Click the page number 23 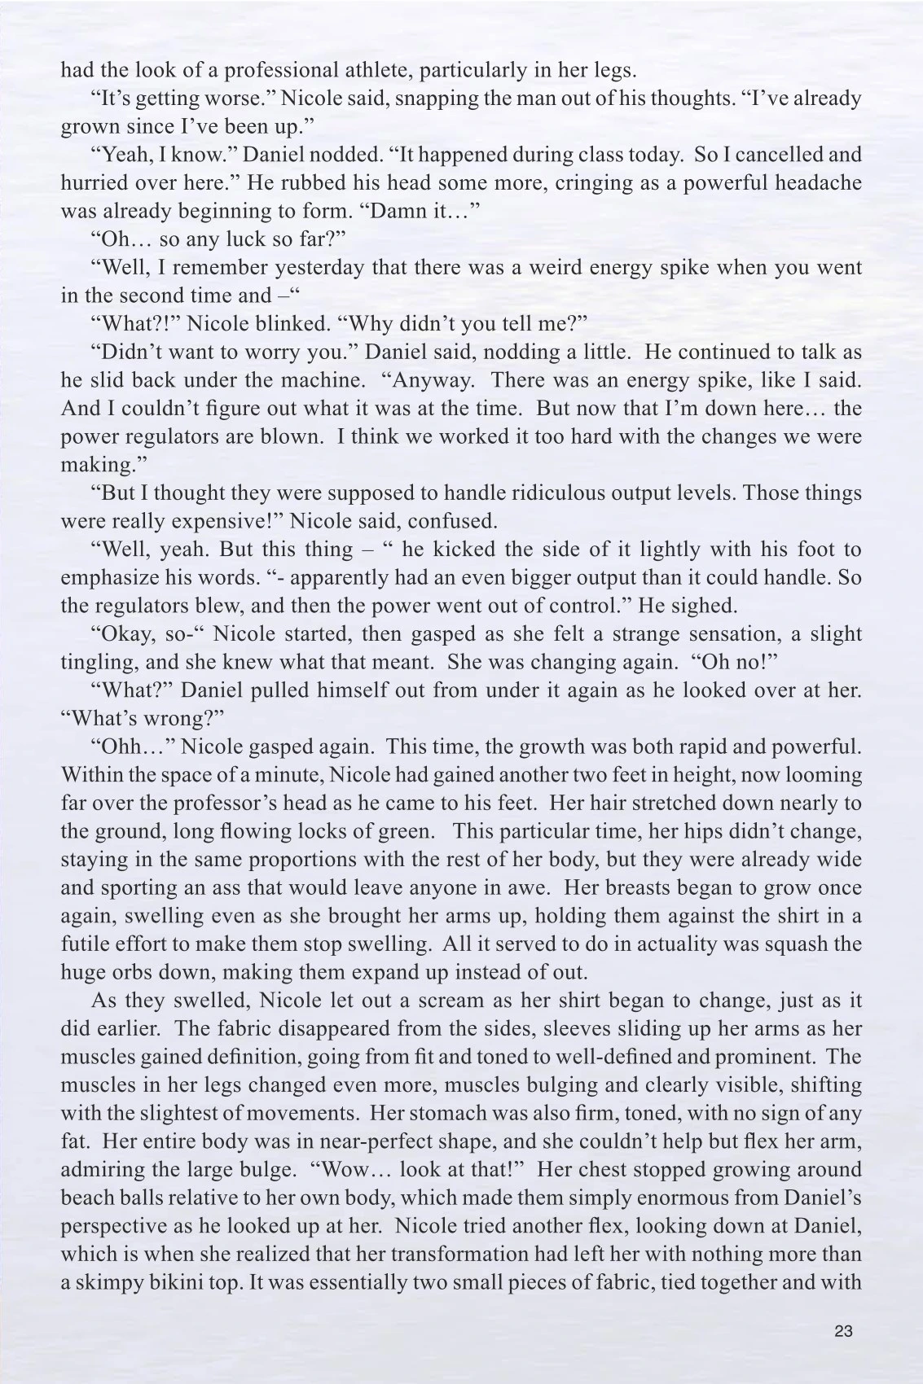pyautogui.click(x=843, y=1331)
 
